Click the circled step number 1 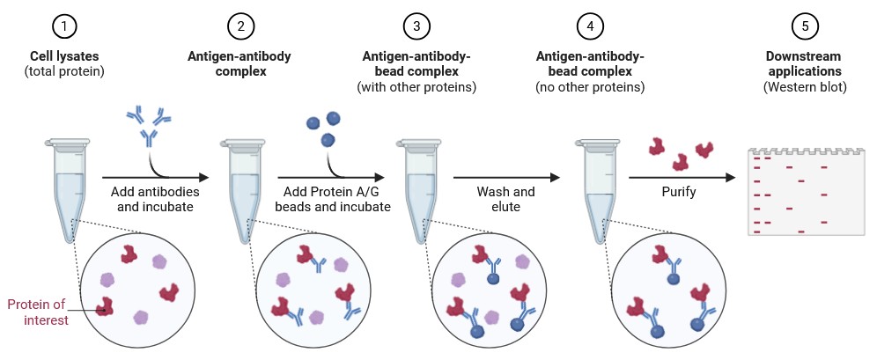click(x=64, y=26)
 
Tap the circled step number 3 click(x=416, y=26)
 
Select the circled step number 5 click(x=803, y=26)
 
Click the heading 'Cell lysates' click(x=64, y=56)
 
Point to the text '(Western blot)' click(x=804, y=87)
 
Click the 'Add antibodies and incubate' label click(x=156, y=199)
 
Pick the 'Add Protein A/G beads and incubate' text click(x=332, y=199)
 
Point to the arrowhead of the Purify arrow click(x=731, y=177)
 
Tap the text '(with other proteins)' click(x=416, y=87)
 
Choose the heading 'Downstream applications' click(x=803, y=63)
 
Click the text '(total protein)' click(x=64, y=71)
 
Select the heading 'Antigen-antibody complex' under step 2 click(x=240, y=63)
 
